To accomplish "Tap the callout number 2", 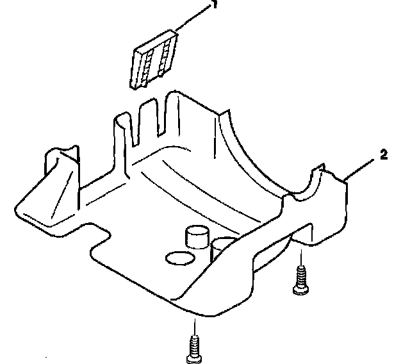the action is pyautogui.click(x=383, y=154).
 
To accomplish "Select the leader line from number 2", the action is pyautogui.click(x=362, y=168).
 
